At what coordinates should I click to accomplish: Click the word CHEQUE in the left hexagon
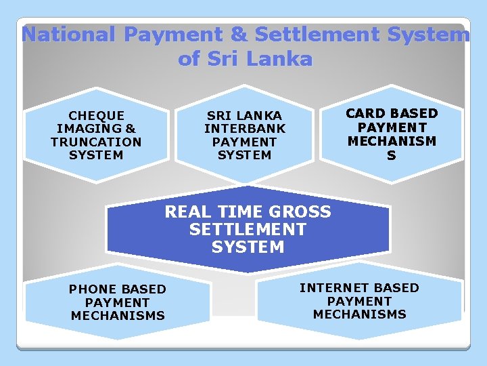coord(96,116)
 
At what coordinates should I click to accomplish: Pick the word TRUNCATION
coord(96,142)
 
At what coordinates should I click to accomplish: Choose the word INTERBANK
coord(245,129)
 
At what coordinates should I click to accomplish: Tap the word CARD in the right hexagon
coord(367,113)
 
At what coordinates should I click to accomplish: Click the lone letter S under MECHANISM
coord(392,155)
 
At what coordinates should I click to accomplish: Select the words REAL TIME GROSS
coord(248,212)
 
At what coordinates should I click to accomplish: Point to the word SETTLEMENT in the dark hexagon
coord(248,230)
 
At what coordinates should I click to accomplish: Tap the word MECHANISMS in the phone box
coord(118,315)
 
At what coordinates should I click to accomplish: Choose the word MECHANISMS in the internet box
coord(359,314)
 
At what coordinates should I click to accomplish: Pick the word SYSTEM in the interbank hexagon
coord(245,155)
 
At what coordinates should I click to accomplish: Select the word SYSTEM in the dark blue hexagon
coord(248,247)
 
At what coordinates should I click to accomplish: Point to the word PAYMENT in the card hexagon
coord(392,127)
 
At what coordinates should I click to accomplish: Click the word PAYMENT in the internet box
coord(359,301)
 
